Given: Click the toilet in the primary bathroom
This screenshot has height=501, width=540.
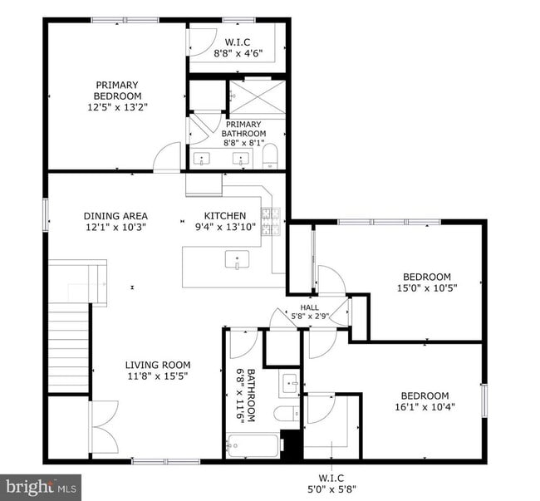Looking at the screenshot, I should tap(269, 156).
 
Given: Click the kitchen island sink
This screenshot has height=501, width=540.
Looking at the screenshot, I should tap(238, 261).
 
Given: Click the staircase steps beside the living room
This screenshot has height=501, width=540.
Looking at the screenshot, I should tap(68, 349).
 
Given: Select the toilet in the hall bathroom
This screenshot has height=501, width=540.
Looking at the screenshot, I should tap(284, 413).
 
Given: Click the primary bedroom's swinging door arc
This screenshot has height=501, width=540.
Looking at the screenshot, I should tap(169, 155).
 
